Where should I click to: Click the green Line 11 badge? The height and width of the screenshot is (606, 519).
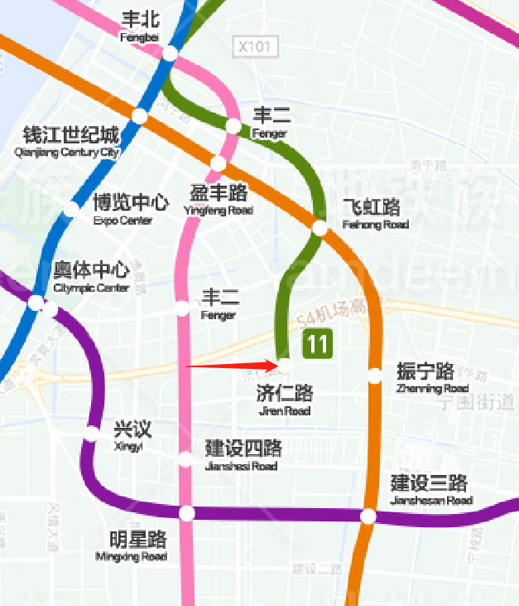(x=318, y=343)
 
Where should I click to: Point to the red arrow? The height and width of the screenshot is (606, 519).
(x=232, y=365)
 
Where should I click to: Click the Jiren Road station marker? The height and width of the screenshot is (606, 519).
(x=284, y=364)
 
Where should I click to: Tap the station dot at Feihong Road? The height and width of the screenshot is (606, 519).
(x=320, y=228)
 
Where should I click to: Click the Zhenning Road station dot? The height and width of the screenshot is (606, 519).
(x=375, y=376)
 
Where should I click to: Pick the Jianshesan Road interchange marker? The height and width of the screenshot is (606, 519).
(x=368, y=516)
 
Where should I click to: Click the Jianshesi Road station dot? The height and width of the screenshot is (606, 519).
(x=185, y=459)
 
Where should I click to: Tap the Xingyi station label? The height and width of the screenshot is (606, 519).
(x=132, y=435)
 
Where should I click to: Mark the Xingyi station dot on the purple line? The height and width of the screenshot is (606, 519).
(x=92, y=434)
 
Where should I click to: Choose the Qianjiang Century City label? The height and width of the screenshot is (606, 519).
(x=70, y=141)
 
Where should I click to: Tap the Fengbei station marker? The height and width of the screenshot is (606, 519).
(x=170, y=53)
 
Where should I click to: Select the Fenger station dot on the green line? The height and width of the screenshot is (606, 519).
(x=233, y=126)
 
